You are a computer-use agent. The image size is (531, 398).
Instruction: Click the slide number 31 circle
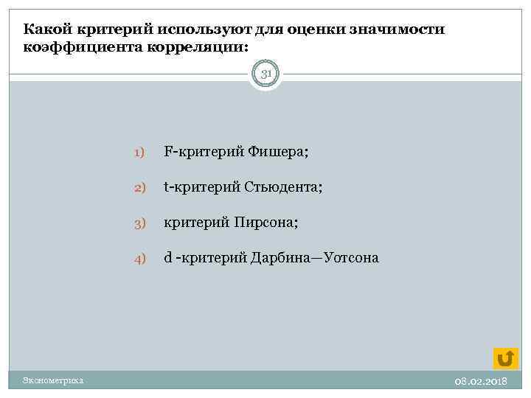coord(265,74)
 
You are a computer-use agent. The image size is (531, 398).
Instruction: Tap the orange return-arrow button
coord(505,358)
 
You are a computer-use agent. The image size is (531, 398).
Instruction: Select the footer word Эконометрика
coord(52,380)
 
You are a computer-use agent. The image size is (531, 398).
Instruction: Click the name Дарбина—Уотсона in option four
coord(315,257)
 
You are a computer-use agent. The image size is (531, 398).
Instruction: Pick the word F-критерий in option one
coord(196,151)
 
